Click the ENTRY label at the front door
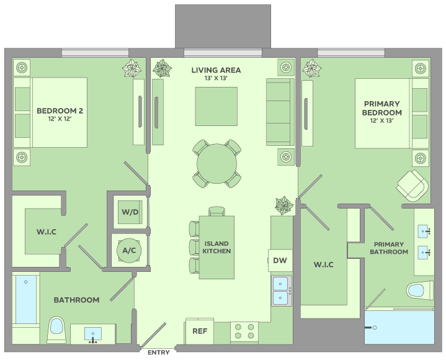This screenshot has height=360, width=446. coord(158,353)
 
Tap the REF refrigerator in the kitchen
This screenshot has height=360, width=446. coord(200,331)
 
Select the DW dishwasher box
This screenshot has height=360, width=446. coord(280,261)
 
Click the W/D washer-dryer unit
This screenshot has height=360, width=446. coord(130,212)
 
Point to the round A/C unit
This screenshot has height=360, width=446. coord(129,250)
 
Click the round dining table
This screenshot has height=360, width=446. coord(216,164)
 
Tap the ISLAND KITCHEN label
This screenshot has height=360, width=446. coord(216,247)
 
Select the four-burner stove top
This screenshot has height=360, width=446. coord(244,331)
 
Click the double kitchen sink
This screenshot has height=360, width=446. coord(282,291)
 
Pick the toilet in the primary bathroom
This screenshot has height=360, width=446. coord(420,290)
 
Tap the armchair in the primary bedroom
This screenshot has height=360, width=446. coord(412,186)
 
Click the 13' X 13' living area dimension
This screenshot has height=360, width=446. coord(216,78)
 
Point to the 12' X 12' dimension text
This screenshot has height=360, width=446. coord(60,119)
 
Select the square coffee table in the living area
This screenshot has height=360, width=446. coord(216,106)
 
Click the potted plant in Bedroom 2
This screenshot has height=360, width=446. coord(132,68)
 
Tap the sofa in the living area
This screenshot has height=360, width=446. coord(280,112)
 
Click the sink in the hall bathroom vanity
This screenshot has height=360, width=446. coord(92,334)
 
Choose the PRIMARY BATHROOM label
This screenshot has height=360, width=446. coord(389,248)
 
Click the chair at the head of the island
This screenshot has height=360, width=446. coord(216,211)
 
